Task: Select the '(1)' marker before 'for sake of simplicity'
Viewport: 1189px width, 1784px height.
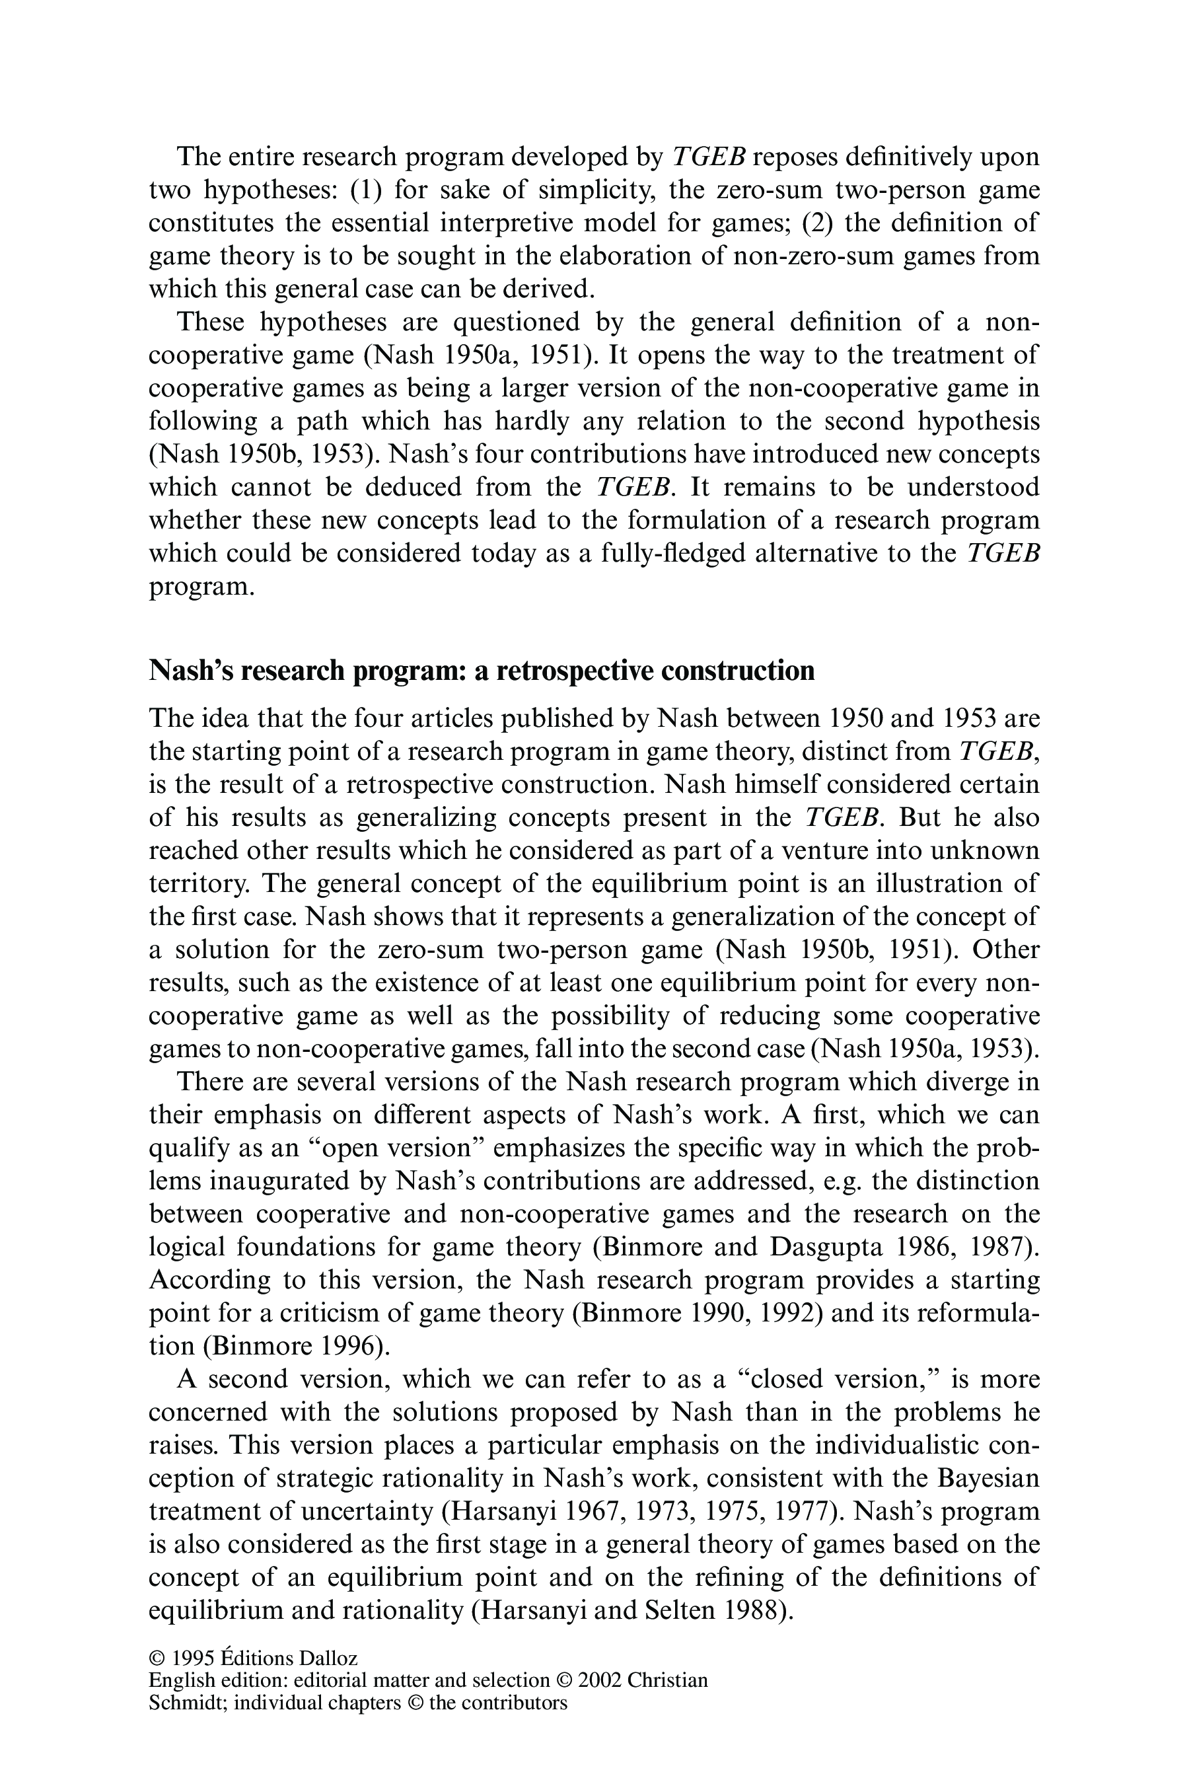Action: pos(368,190)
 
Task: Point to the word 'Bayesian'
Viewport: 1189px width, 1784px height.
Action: pos(988,1477)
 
